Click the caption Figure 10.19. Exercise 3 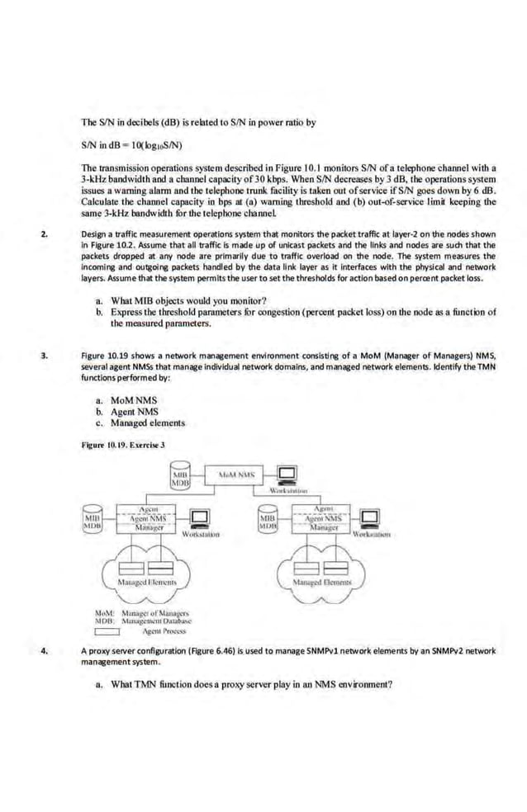[123, 445]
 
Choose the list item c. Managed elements [140, 423]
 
